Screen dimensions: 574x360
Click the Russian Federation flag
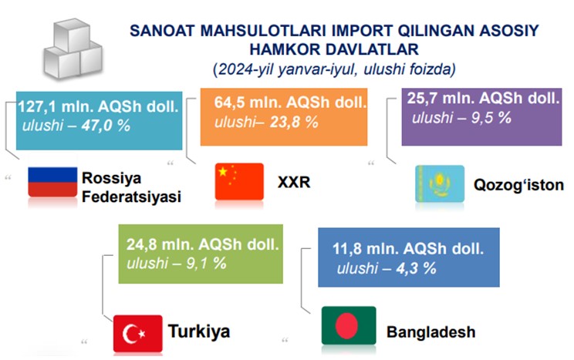coord(52,182)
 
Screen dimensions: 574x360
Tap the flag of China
coord(239,181)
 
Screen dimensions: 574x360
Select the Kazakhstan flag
coord(440,183)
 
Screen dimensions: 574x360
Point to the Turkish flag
coord(137,333)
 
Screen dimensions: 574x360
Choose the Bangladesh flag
coord(349,325)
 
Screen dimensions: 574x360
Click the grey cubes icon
coord(73,49)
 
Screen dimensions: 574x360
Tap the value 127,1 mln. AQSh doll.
coord(98,106)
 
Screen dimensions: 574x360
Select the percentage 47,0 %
coord(106,126)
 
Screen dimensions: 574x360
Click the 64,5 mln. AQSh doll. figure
coord(290,103)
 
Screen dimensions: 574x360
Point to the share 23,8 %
coord(294,122)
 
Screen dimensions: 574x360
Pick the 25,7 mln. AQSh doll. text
coord(483,98)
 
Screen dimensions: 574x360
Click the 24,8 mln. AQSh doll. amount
coord(203,244)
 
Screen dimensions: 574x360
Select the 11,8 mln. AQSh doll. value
coord(408,249)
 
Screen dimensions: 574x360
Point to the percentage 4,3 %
coord(416,268)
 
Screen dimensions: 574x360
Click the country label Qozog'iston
coord(518,185)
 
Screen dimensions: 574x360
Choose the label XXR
coord(294,182)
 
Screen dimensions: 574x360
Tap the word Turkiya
coord(199,331)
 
